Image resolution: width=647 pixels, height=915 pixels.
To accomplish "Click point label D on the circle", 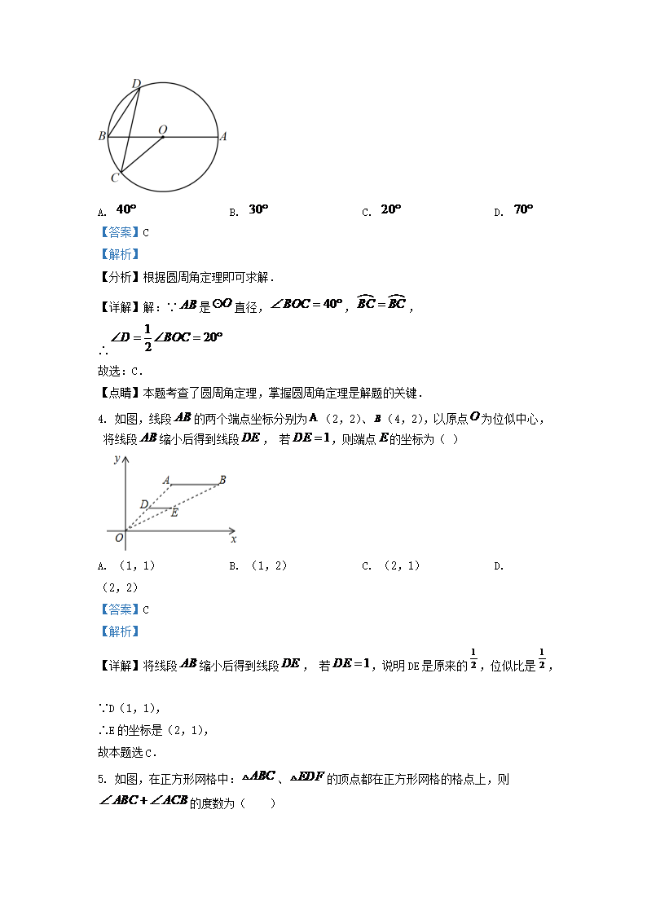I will pyautogui.click(x=136, y=83).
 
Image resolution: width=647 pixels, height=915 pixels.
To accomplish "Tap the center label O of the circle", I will pyautogui.click(x=162, y=129).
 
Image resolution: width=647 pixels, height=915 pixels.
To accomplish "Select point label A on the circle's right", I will pyautogui.click(x=223, y=137).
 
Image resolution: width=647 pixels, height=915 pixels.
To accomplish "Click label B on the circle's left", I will pyautogui.click(x=102, y=136).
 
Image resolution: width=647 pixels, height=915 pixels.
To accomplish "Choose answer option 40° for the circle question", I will pyautogui.click(x=126, y=209).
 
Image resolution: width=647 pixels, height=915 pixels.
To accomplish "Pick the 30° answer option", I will pyautogui.click(x=258, y=209).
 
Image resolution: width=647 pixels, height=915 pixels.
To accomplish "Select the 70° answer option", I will pyautogui.click(x=523, y=209).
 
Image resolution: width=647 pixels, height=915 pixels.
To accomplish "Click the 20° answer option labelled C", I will pyautogui.click(x=391, y=209).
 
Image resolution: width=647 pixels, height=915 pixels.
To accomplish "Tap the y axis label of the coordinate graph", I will pyautogui.click(x=117, y=460).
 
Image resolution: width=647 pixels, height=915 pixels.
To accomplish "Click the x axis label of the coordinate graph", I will pyautogui.click(x=234, y=539).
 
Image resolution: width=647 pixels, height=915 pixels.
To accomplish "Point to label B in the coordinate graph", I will pyautogui.click(x=222, y=480).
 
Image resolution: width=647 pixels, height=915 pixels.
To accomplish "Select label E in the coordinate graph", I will pyautogui.click(x=174, y=512).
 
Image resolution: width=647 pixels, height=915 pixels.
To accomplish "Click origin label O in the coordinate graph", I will pyautogui.click(x=119, y=538).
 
